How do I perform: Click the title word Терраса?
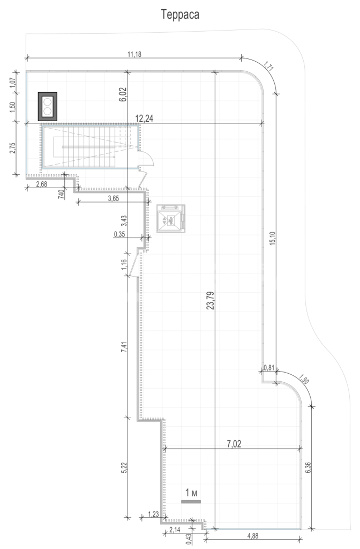pos(180,14)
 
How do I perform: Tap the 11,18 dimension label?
pos(134,54)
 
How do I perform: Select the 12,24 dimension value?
pos(144,119)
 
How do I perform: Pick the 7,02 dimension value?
pos(234,444)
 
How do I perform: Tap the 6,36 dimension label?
pos(307,467)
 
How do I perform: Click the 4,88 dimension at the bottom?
pos(253,536)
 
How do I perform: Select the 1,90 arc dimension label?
pos(304,380)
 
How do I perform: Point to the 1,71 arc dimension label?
pos(268,66)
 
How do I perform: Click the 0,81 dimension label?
pos(269,367)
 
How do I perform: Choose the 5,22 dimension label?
pos(123,468)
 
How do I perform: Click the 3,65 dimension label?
pos(114,198)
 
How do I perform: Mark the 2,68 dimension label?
pos(41,184)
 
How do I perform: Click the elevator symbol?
pos(171,219)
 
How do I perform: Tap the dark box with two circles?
pos(48,107)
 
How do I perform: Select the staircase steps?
pos(89,147)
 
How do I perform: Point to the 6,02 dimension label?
pos(123,94)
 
